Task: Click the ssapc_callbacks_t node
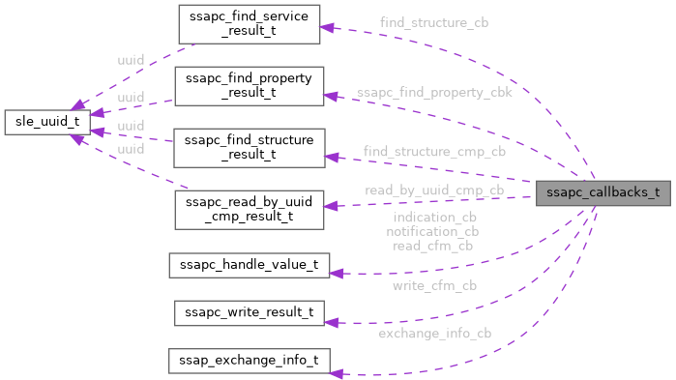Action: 603,191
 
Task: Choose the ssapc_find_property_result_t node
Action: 249,85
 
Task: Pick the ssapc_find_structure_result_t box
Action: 249,147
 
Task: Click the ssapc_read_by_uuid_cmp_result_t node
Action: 249,209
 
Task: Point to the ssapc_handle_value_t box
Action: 250,265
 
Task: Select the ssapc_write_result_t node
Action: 250,312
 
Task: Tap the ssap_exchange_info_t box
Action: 250,360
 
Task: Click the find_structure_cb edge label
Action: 433,22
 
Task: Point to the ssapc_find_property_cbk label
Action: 434,93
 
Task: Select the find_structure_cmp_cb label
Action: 434,152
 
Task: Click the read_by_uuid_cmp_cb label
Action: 434,190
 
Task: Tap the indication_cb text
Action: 434,218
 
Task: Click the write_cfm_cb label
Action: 434,285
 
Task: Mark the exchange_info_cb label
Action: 434,334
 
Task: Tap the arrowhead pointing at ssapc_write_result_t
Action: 332,322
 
